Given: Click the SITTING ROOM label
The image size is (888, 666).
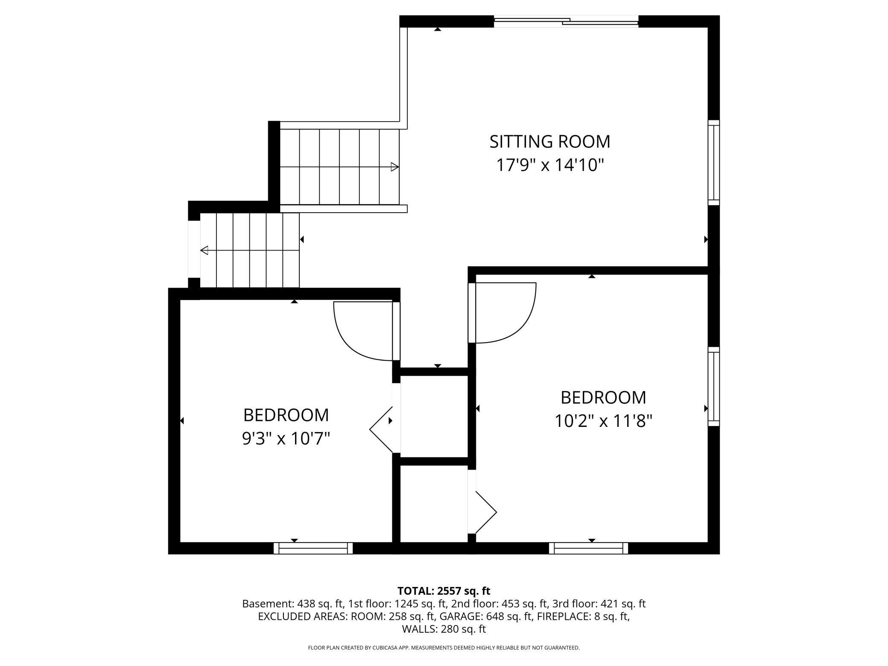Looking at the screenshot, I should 549,142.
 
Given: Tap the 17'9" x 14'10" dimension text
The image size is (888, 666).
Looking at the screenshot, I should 549,165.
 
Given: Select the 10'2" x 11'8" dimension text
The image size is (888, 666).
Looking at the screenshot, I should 603,421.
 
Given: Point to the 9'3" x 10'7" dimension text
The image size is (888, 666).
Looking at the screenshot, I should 286,438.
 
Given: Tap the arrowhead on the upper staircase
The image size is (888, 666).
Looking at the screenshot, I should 394,167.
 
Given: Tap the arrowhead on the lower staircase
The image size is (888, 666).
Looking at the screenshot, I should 204,250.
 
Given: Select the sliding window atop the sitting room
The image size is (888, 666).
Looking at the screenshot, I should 566,21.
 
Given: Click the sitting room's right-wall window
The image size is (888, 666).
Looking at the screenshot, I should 713,163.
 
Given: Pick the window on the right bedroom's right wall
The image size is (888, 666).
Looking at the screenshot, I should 713,386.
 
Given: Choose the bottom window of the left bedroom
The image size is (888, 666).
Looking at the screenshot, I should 313,548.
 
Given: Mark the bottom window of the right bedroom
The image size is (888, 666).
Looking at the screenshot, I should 588,548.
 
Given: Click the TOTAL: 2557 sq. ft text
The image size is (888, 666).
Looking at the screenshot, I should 444,591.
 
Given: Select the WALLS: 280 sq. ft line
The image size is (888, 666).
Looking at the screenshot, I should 444,629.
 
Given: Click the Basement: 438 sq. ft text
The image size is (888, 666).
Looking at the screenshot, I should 292,604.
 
